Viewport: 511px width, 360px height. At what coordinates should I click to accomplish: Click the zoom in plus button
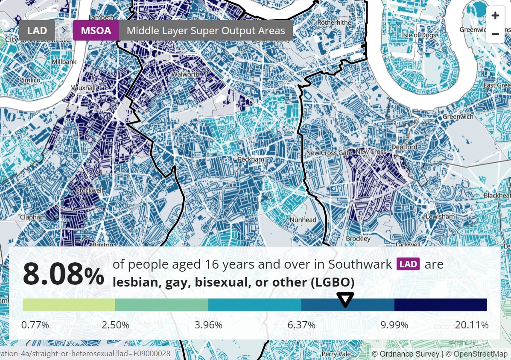(x=495, y=16)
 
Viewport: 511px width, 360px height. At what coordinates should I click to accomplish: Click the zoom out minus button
(x=495, y=34)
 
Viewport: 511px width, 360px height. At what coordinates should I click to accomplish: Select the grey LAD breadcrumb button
(x=37, y=30)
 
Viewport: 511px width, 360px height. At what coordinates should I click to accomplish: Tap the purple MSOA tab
(x=96, y=30)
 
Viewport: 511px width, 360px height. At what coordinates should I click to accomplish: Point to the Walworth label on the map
(x=185, y=74)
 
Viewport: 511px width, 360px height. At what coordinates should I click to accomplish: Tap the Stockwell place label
(x=89, y=190)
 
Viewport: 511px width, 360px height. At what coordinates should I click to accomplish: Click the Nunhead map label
(x=303, y=220)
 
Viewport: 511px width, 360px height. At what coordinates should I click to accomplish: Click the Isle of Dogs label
(x=419, y=35)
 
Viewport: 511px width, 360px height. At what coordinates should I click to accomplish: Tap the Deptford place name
(x=404, y=147)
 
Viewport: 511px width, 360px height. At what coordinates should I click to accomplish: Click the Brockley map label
(x=358, y=239)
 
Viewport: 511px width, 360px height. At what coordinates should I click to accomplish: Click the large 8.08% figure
(x=63, y=274)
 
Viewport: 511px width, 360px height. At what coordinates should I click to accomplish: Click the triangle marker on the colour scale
(x=345, y=299)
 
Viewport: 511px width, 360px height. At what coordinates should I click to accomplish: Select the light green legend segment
(x=69, y=305)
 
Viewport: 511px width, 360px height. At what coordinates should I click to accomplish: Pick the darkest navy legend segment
(x=441, y=305)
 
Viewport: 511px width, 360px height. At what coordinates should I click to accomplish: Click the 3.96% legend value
(x=208, y=325)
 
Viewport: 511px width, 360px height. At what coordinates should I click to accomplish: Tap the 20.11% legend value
(x=471, y=325)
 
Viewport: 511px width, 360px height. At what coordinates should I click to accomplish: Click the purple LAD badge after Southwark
(x=408, y=264)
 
